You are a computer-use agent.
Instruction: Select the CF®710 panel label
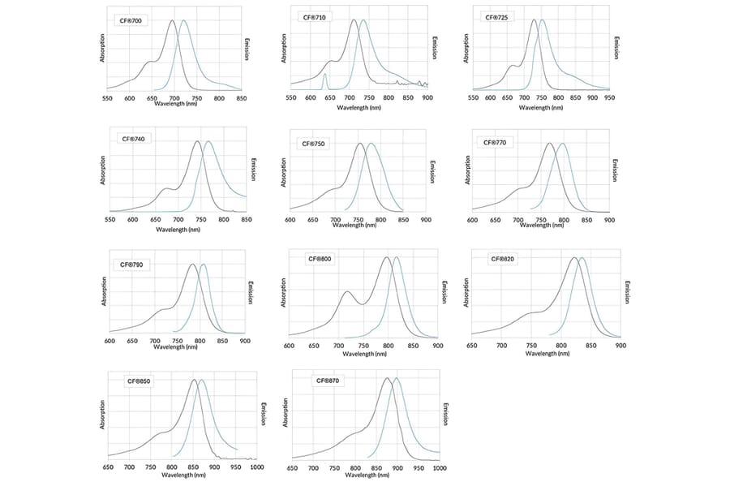pyautogui.click(x=315, y=17)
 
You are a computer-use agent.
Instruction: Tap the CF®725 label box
pyautogui.click(x=496, y=17)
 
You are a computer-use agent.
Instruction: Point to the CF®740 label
pyautogui.click(x=132, y=138)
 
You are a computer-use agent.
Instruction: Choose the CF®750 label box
pyautogui.click(x=313, y=143)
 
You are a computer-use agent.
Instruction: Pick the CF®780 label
pyautogui.click(x=132, y=264)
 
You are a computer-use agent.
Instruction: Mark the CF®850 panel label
pyautogui.click(x=139, y=381)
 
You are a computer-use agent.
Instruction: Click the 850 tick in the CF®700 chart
pyautogui.click(x=241, y=98)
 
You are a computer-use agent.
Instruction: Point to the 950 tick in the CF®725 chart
pyautogui.click(x=609, y=98)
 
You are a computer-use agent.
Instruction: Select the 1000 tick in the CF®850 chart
pyautogui.click(x=256, y=467)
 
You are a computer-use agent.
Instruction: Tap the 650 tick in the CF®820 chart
pyautogui.click(x=471, y=345)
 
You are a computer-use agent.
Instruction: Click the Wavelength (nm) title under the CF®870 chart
pyautogui.click(x=363, y=475)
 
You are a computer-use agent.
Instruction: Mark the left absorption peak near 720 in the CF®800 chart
pyautogui.click(x=347, y=291)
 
